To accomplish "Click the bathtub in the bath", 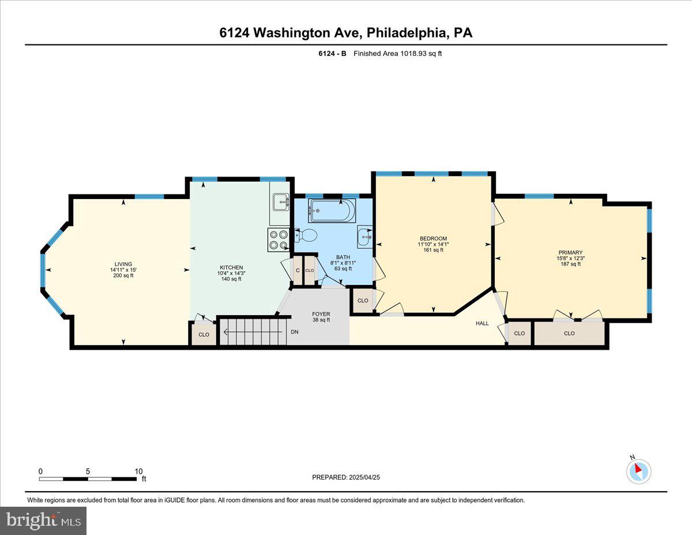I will coord(331,211).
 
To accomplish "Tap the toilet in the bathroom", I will coord(307,235).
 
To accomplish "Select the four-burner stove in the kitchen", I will coord(279,240).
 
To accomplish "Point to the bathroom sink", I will coord(364,235).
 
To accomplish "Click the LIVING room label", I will coord(123,264).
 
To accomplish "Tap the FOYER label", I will coord(321,314).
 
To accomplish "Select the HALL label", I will coord(482,323).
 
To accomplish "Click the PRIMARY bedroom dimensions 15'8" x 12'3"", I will coord(570,258).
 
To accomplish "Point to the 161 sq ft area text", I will coord(434,250).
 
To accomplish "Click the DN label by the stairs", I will coord(295,332).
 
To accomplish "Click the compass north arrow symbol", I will coord(638,470).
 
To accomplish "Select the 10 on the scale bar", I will coord(138,471).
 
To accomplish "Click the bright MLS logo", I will coord(43,521).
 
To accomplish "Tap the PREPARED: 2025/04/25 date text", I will coord(347,477).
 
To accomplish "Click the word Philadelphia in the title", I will coord(406,33).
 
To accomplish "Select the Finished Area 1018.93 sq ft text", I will coord(397,54).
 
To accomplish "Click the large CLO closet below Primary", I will coord(569,334).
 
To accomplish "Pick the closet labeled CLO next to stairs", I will coord(204,334).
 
